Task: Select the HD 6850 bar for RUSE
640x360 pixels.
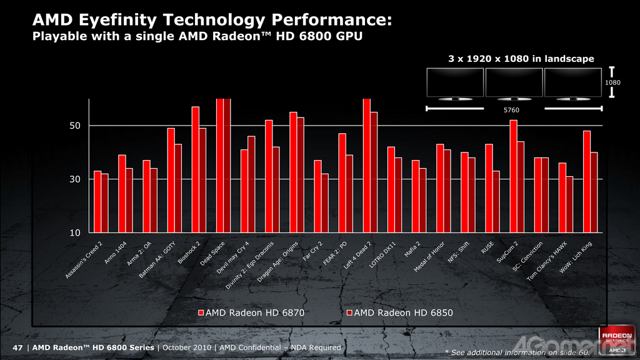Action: click(496, 201)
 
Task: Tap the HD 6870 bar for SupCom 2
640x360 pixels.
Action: click(513, 176)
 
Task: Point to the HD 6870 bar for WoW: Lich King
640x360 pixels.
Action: click(587, 181)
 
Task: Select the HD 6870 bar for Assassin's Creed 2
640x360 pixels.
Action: click(97, 201)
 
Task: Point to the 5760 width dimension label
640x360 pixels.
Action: click(512, 110)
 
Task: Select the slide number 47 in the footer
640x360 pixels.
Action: click(17, 347)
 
